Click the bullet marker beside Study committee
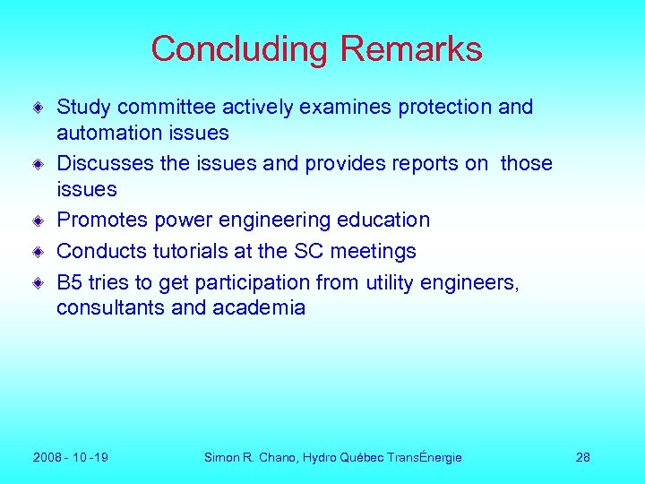39,108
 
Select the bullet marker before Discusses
39,164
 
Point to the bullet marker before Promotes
39,220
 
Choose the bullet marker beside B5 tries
39,283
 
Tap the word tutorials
198,252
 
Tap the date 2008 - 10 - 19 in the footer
71,457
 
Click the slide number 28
583,457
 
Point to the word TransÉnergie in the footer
425,457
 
